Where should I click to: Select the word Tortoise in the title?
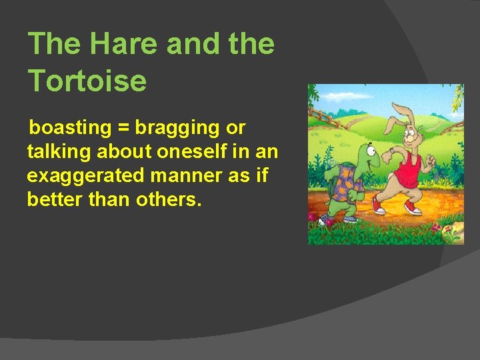coord(87,81)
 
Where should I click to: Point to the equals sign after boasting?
coord(123,127)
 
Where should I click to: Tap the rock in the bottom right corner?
coord(453,233)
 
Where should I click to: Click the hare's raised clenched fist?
coord(430,160)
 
